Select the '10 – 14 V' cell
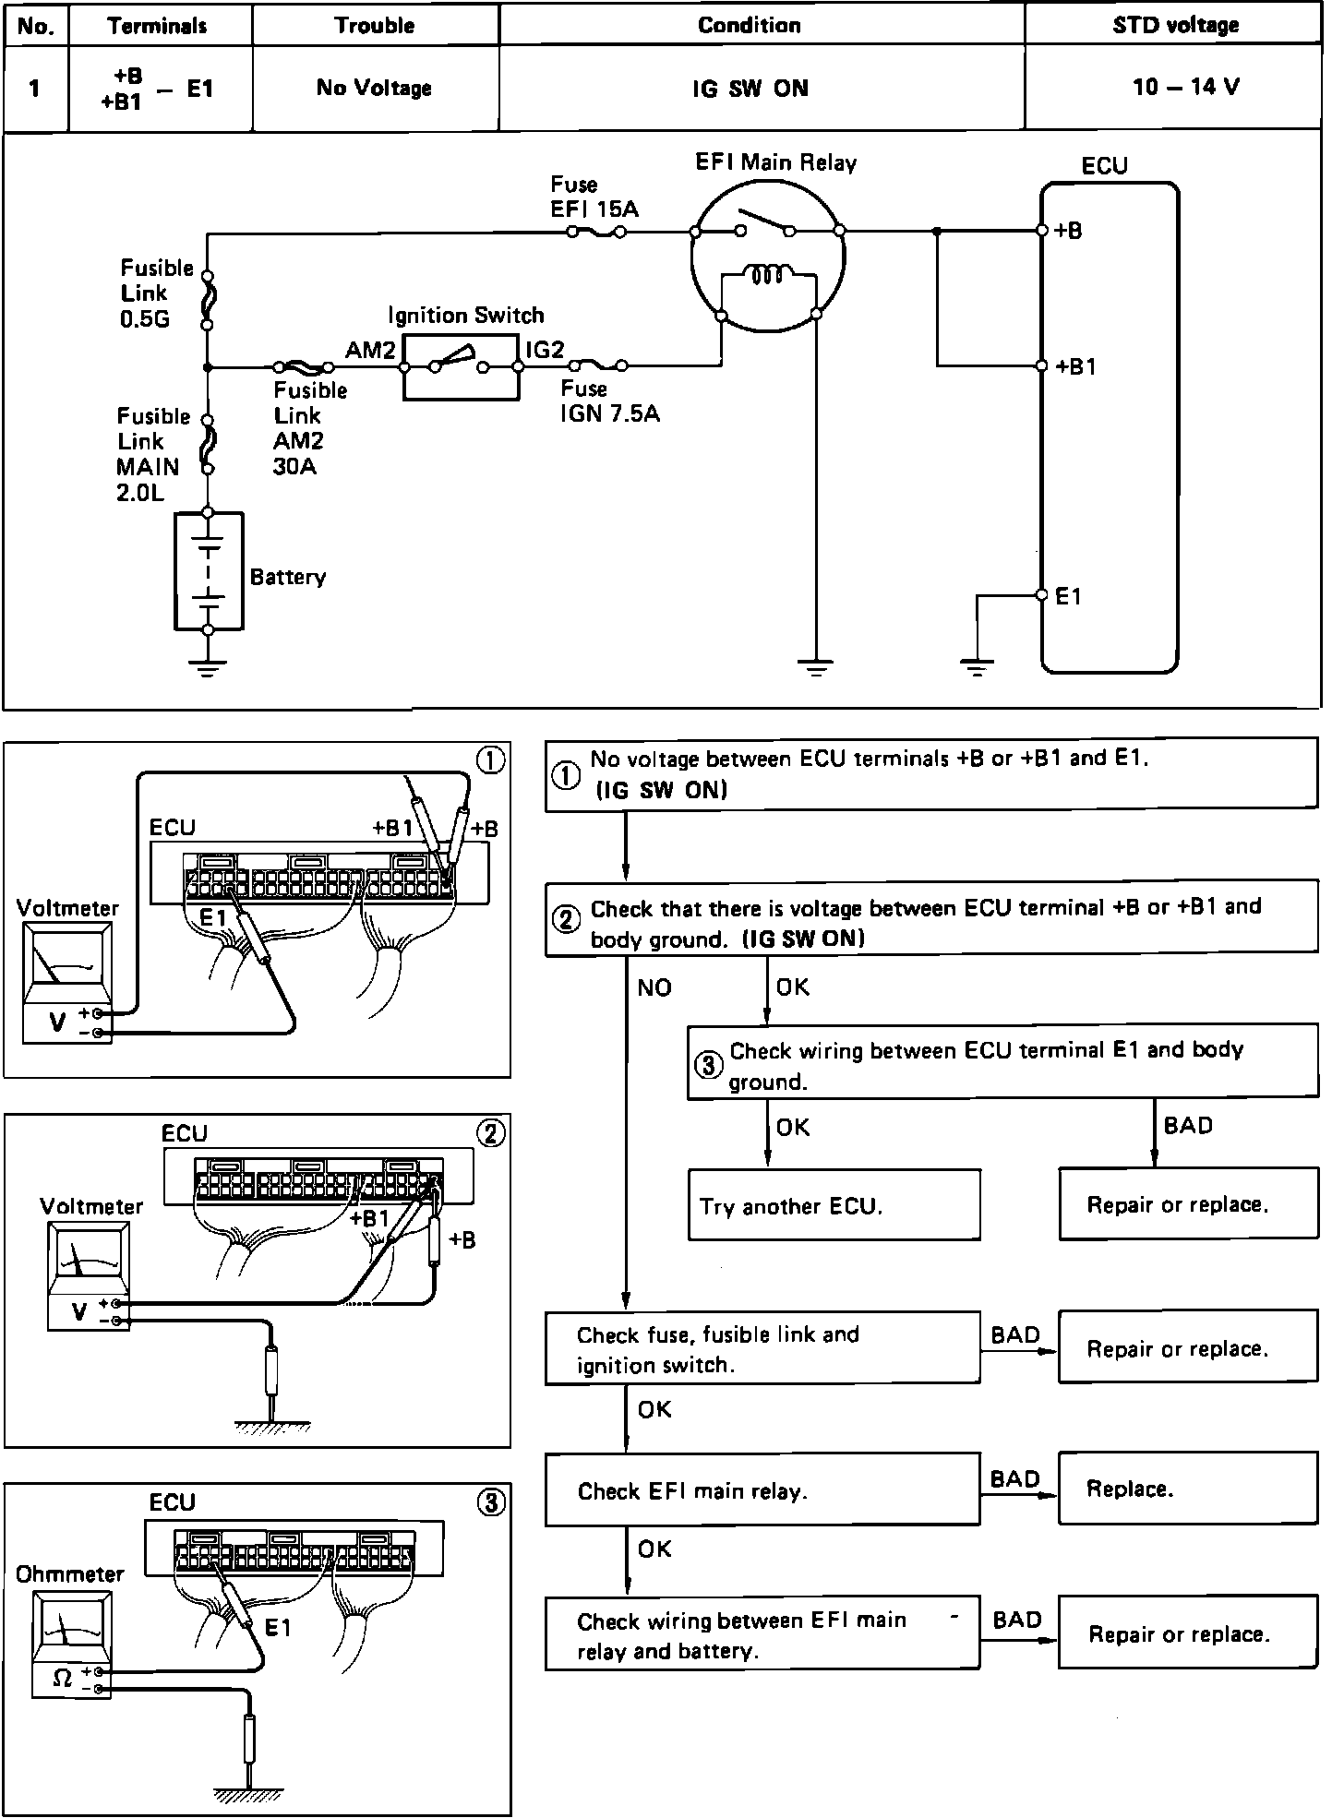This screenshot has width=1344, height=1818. [1185, 88]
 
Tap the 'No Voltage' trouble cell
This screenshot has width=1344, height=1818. [374, 88]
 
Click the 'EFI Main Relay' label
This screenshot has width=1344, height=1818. [775, 163]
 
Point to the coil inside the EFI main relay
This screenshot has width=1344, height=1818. [768, 275]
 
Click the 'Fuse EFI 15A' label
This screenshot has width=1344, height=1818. [594, 197]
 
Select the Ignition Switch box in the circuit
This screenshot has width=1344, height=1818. [461, 367]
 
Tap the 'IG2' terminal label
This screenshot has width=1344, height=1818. [545, 350]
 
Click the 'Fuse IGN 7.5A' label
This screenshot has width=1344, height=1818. [609, 401]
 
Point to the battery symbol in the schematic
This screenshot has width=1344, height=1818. [209, 571]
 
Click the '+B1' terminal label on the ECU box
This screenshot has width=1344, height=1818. [1075, 366]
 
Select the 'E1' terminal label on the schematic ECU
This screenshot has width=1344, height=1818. [1068, 597]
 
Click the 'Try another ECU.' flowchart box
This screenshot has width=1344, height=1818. [833, 1204]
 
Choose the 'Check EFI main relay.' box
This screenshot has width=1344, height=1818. [762, 1490]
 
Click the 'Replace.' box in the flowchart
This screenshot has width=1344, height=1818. [1187, 1489]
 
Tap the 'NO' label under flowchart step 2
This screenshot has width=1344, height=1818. [654, 987]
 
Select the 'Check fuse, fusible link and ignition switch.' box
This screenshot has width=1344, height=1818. [762, 1348]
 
